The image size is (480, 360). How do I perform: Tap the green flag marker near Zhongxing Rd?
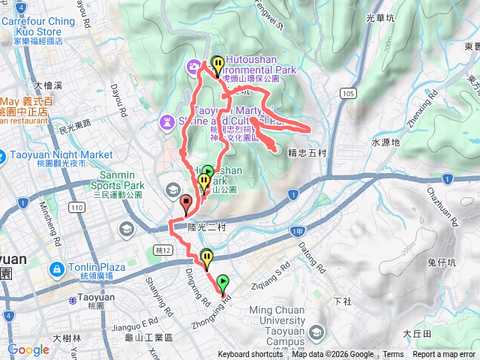pyautogui.click(x=222, y=283)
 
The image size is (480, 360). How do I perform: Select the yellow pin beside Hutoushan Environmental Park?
pyautogui.click(x=217, y=65)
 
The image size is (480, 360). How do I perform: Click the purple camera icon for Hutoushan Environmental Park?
pyautogui.click(x=194, y=66)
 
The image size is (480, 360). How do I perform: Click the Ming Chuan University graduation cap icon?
pyautogui.click(x=316, y=331)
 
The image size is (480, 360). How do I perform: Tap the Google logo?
pyautogui.click(x=28, y=349)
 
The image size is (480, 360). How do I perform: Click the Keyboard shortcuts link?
pyautogui.click(x=250, y=355)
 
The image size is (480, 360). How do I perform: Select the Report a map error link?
pyautogui.click(x=444, y=355)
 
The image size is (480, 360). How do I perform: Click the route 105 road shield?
pyautogui.click(x=346, y=92)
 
